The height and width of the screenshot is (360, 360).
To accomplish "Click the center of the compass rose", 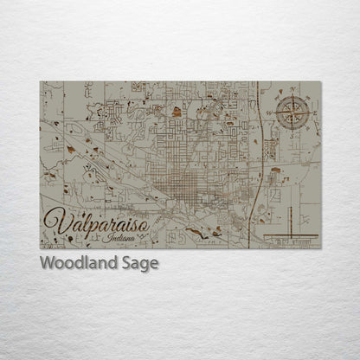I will tap(293, 113).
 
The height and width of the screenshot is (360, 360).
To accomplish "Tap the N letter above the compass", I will tap(293, 89).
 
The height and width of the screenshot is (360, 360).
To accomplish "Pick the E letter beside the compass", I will tap(317, 113).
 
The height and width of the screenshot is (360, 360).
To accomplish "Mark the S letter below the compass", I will tap(293, 137).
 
